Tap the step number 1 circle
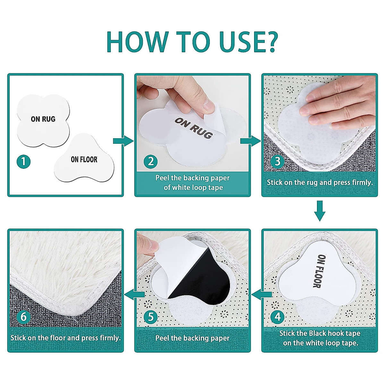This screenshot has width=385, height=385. point(23,161)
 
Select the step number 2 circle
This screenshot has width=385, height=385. point(150,161)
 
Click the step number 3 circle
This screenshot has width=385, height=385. point(278,161)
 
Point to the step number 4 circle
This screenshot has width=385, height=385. point(278,317)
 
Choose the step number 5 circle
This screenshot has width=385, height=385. point(150,317)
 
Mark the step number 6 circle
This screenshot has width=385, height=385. point(23,317)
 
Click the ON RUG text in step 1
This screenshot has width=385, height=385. point(43,119)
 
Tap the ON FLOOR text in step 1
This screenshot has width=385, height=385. point(84,159)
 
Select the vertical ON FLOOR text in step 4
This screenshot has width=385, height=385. point(321,271)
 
